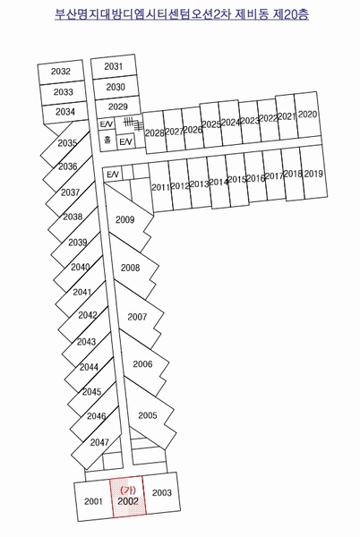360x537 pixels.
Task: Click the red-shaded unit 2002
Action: tap(128, 496)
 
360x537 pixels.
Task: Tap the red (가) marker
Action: tap(128, 490)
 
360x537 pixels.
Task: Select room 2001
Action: tap(93, 501)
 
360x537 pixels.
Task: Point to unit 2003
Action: tap(161, 492)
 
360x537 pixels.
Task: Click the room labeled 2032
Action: tap(61, 72)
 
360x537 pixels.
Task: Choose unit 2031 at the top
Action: tap(114, 66)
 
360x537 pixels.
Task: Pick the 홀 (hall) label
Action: tap(107, 140)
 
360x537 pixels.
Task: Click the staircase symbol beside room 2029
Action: tap(133, 124)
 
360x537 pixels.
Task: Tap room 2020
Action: tap(307, 114)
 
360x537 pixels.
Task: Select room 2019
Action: tap(313, 173)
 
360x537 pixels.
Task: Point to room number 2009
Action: tap(124, 219)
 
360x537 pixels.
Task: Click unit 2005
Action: tap(149, 415)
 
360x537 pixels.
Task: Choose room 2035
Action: tap(67, 143)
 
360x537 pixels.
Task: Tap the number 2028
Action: tap(154, 132)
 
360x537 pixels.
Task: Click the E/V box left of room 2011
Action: tap(113, 175)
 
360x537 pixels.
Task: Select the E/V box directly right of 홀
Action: tap(125, 141)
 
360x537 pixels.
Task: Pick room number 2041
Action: tap(82, 292)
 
